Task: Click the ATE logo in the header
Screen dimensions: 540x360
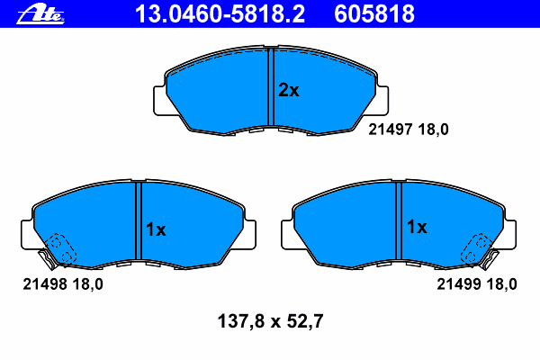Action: (x=40, y=14)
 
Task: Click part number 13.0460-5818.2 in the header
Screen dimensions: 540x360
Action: (x=220, y=13)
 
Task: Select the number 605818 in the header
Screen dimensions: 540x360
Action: (x=374, y=13)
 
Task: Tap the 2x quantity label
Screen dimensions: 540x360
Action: (x=289, y=90)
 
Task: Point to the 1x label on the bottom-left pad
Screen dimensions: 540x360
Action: (x=156, y=229)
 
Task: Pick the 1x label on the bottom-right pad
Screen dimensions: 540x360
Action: (x=417, y=227)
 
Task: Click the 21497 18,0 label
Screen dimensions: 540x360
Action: (x=409, y=130)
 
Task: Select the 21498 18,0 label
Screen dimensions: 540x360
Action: (x=63, y=284)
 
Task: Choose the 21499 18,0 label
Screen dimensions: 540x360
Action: (x=477, y=284)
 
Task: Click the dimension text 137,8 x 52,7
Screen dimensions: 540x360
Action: (x=270, y=321)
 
